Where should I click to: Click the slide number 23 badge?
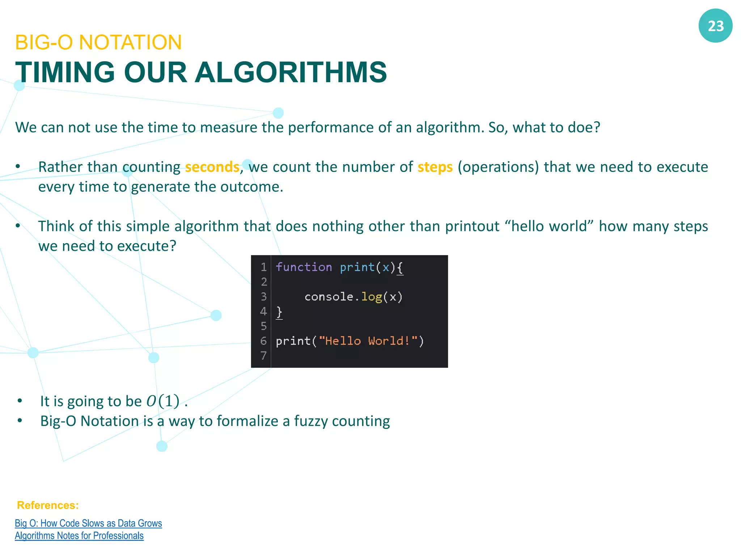pos(715,26)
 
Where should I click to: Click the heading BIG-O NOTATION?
pos(98,42)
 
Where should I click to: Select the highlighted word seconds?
pos(212,167)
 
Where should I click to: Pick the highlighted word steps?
pos(435,167)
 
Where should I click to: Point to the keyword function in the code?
pos(304,267)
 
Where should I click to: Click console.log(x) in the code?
pos(353,297)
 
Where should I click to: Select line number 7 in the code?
pos(263,355)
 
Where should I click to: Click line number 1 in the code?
pos(263,267)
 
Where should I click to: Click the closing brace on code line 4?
pos(279,312)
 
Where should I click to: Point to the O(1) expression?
pos(163,401)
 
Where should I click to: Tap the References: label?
pos(48,505)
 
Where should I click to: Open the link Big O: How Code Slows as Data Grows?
pos(88,523)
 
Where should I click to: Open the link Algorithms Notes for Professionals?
pos(79,536)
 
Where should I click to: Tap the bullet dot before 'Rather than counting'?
pos(18,167)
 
